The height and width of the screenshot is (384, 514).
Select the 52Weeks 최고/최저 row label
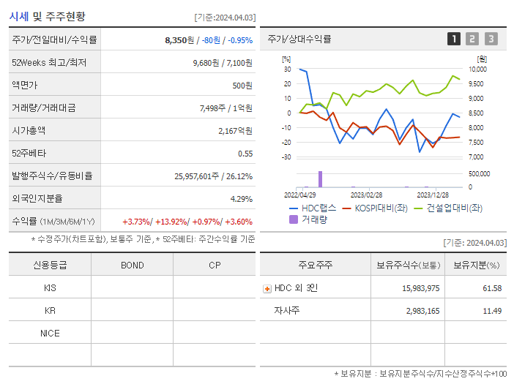(x=49, y=63)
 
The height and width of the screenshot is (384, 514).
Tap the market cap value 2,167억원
(x=236, y=131)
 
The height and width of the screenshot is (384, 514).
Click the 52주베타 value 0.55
(x=245, y=154)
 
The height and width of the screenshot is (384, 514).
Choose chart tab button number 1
(x=454, y=39)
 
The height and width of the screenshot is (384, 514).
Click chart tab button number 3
(x=491, y=39)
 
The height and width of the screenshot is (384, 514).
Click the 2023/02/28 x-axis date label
(x=366, y=195)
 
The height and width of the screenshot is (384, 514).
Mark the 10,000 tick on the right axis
(x=477, y=69)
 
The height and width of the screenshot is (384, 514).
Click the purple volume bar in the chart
(x=320, y=179)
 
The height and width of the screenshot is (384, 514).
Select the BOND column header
(x=133, y=265)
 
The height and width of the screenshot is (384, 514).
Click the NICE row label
(x=50, y=333)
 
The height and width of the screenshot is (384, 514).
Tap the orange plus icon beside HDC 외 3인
(x=267, y=288)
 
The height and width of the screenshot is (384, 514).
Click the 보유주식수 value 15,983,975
(x=420, y=288)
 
